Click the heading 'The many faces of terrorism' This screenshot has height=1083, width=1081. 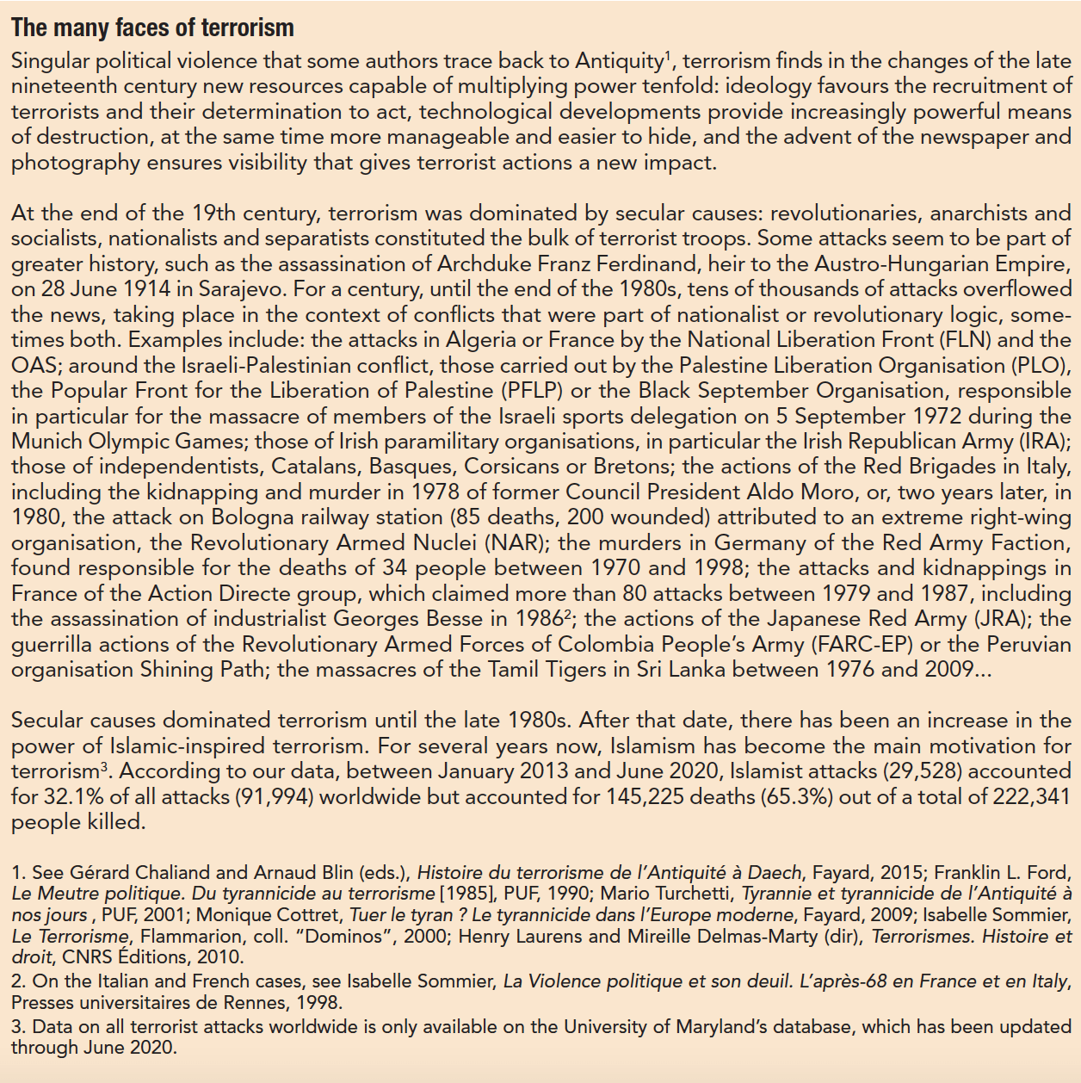152,28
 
